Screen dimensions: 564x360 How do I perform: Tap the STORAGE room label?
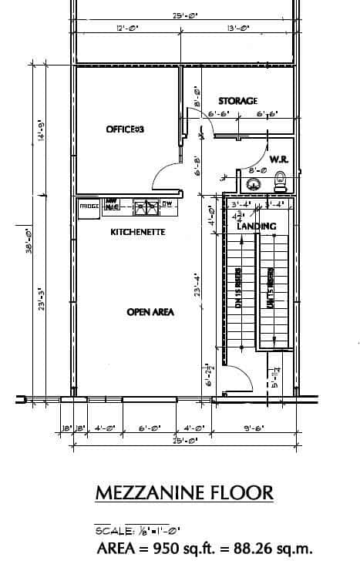coord(237,101)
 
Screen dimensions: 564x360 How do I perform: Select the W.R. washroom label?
coord(278,159)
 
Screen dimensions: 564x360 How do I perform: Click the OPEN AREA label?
coord(150,312)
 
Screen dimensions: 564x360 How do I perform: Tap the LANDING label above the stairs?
coord(257,227)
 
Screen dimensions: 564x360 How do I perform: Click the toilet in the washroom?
coord(281,183)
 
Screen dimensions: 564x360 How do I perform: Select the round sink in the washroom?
coord(252,184)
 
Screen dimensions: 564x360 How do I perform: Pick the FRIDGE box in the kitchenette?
coord(89,206)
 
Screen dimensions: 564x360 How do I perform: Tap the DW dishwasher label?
coord(167,204)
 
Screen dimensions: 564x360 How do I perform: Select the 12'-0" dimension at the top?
coord(126,29)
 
